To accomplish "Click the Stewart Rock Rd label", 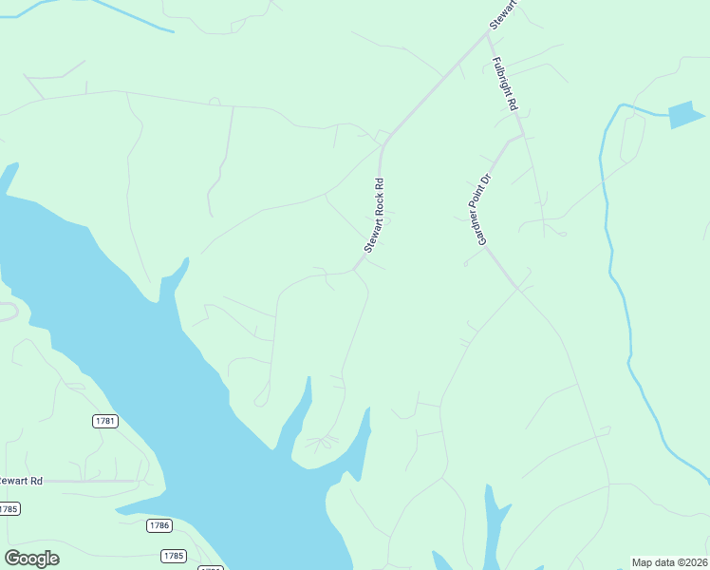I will (x=375, y=216).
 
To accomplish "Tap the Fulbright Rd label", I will (x=504, y=85).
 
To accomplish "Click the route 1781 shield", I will (x=104, y=421).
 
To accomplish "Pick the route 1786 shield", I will (x=159, y=525).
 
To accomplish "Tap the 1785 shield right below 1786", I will (x=173, y=556).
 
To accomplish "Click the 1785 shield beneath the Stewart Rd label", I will (x=9, y=509).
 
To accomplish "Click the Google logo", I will (x=31, y=558).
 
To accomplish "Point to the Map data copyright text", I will (x=669, y=562).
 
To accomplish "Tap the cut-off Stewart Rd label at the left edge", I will (x=21, y=481).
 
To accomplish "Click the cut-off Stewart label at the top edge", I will (x=502, y=14).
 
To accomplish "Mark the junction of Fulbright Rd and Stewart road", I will (x=488, y=32).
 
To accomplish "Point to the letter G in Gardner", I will (x=481, y=241).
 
